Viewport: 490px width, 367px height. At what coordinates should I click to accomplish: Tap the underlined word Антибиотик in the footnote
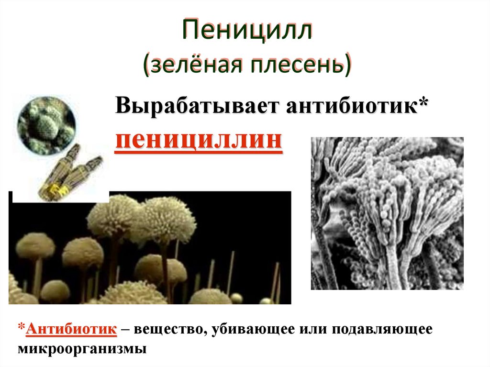pos(72,330)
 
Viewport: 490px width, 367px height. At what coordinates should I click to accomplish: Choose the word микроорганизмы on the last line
pos(82,348)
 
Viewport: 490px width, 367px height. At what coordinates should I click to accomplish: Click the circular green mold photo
pos(46,125)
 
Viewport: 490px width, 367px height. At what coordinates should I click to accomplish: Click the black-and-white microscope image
pos(387,213)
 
